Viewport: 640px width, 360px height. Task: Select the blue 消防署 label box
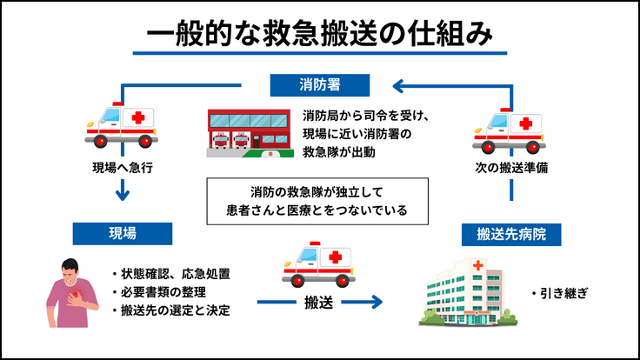click(x=320, y=85)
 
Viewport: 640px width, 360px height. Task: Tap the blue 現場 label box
click(x=122, y=233)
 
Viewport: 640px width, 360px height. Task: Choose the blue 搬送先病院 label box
click(x=511, y=234)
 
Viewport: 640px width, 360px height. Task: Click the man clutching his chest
click(x=73, y=294)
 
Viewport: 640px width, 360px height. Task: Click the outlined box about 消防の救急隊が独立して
click(x=319, y=200)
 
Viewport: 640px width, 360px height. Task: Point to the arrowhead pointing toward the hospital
click(x=375, y=303)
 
